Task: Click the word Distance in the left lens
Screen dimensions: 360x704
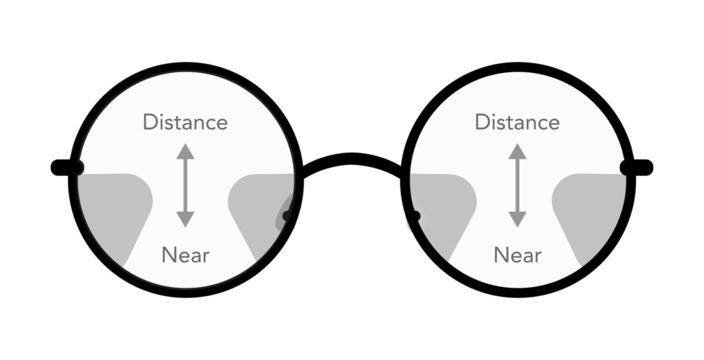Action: (x=185, y=122)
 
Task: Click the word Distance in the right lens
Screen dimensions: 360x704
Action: (x=517, y=122)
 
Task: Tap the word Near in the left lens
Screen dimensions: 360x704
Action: (x=186, y=256)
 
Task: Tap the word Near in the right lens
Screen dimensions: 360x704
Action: (x=518, y=256)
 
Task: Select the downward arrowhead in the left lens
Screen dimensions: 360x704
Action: (x=185, y=220)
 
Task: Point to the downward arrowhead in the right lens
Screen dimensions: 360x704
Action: (x=518, y=220)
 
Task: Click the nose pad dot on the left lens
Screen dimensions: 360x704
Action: (x=287, y=216)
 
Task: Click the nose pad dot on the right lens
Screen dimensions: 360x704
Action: (x=415, y=217)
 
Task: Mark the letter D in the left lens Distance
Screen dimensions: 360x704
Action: (x=150, y=122)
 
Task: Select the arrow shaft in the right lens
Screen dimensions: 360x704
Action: (x=518, y=185)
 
